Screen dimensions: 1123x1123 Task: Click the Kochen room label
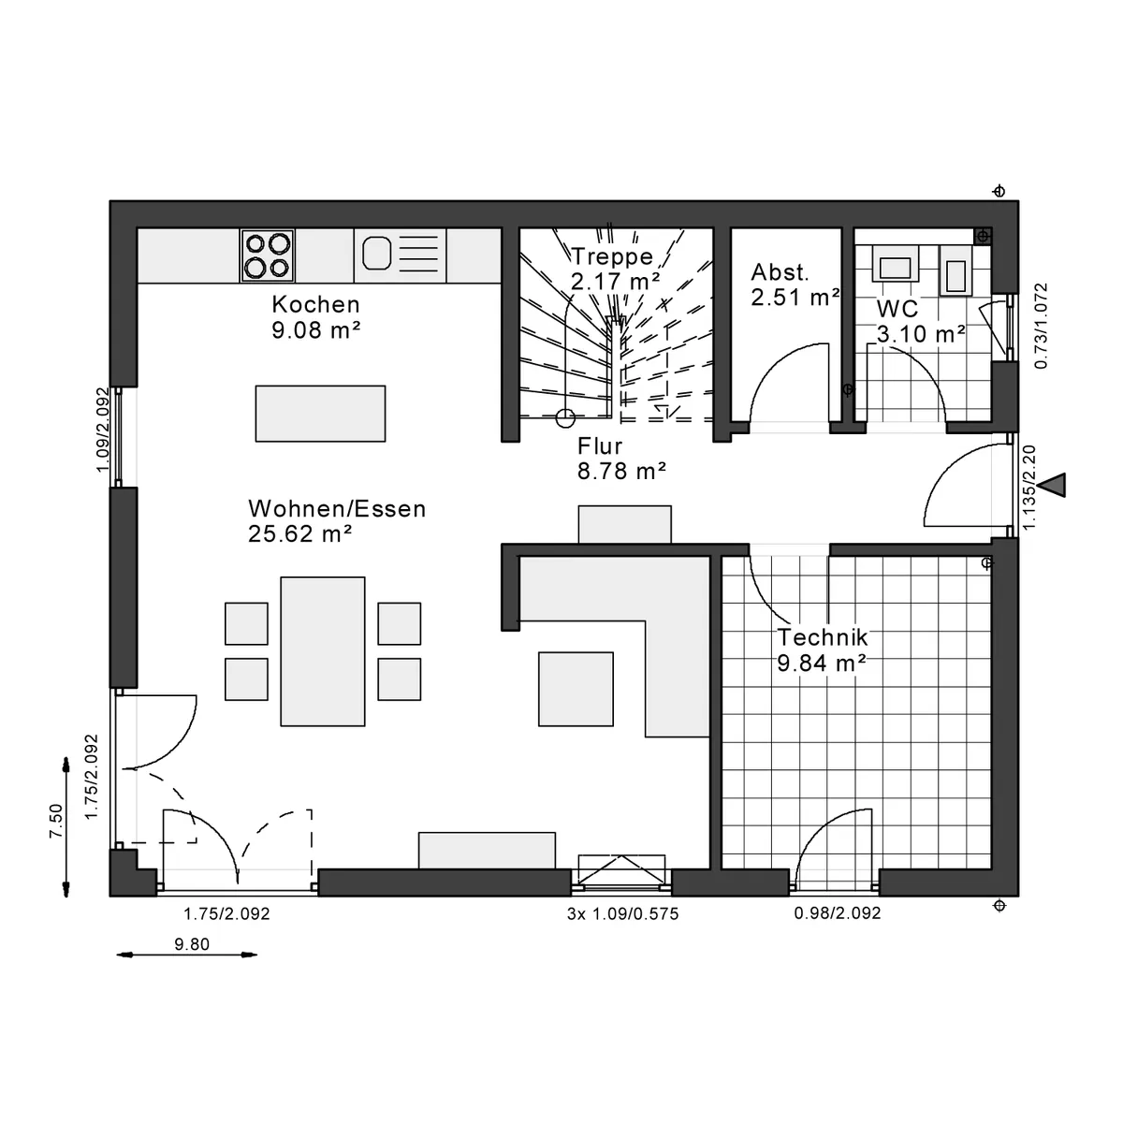(315, 304)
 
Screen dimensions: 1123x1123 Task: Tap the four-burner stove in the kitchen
(268, 255)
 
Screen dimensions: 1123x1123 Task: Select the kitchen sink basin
(376, 253)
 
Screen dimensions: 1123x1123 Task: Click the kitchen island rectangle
(320, 414)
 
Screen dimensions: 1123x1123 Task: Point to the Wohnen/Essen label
(337, 509)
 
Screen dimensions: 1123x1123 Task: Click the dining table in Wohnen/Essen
(322, 651)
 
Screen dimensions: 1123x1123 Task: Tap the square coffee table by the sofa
(576, 688)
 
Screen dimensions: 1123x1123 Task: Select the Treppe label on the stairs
(612, 256)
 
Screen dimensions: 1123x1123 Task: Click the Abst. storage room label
(780, 272)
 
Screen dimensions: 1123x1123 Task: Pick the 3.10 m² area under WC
(921, 334)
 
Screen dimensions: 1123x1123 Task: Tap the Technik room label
(823, 637)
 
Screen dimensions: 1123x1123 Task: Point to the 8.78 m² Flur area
(621, 471)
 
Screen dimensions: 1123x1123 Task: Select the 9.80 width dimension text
(192, 943)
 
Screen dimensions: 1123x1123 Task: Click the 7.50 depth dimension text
(56, 821)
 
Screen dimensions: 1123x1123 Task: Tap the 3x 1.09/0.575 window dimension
(622, 913)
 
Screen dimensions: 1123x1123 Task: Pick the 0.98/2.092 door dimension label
(837, 912)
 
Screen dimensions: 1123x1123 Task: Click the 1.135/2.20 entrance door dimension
(1029, 488)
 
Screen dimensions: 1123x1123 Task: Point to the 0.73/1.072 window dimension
(1041, 326)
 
